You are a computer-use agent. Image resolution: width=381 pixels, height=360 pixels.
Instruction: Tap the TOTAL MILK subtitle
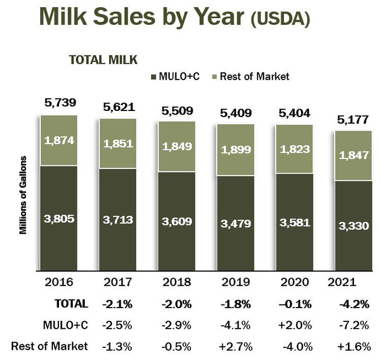(103, 60)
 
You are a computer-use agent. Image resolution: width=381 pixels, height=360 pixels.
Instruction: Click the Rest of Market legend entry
(252, 76)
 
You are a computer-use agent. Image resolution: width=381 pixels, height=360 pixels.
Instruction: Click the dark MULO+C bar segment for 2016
(60, 219)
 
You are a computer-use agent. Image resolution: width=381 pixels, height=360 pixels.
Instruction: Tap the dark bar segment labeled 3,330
(353, 225)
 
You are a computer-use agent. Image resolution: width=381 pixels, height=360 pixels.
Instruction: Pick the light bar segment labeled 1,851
(118, 144)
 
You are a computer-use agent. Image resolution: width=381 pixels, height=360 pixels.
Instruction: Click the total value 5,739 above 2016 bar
(60, 102)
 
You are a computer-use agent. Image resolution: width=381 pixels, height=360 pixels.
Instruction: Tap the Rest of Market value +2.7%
(236, 347)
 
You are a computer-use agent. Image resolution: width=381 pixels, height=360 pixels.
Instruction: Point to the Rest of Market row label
(49, 346)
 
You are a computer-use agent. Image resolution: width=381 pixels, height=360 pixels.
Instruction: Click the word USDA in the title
(280, 19)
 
